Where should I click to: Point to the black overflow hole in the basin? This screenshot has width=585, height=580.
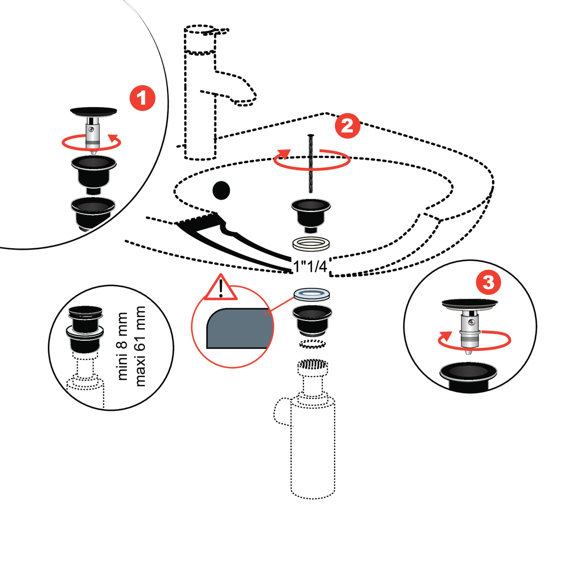221,190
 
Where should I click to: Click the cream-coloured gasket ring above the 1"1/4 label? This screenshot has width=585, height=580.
311,244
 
